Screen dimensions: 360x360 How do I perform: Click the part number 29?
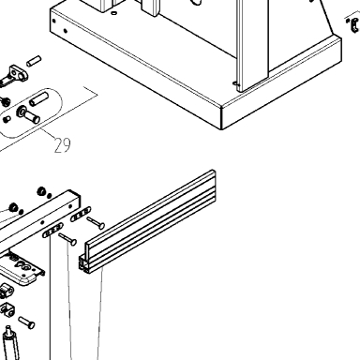click(x=63, y=145)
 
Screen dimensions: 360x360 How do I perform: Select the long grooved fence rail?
click(x=147, y=222)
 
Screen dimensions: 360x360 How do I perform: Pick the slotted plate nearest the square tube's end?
click(x=81, y=214)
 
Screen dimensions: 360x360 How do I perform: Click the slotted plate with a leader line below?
click(x=52, y=231)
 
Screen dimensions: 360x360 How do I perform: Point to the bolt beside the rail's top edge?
click(x=96, y=222)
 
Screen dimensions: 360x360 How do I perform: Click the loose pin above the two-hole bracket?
click(x=34, y=61)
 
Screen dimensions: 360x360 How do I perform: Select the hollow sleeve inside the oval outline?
click(x=38, y=98)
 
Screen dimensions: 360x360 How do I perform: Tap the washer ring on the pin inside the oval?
click(x=22, y=111)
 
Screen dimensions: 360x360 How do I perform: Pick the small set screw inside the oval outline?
click(x=7, y=119)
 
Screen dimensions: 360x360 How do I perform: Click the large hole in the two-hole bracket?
click(x=21, y=76)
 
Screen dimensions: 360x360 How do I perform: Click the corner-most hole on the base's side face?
click(x=54, y=22)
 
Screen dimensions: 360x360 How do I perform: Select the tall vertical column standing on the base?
click(x=252, y=44)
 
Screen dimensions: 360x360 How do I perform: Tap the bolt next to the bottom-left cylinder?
click(x=26, y=322)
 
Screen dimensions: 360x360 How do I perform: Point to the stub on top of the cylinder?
click(x=8, y=330)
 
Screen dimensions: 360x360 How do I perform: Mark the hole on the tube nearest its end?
click(x=70, y=206)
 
